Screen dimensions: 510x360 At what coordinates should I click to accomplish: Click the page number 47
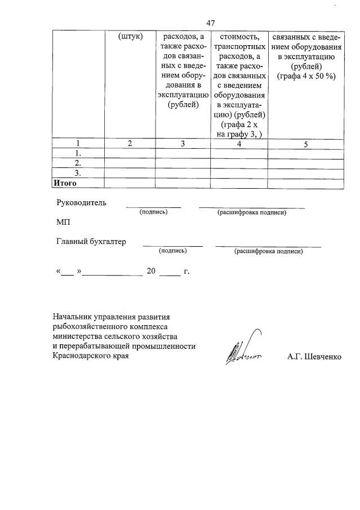[211, 23]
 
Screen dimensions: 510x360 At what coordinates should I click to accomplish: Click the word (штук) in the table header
[131, 37]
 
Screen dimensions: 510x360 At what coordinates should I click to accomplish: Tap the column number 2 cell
[130, 144]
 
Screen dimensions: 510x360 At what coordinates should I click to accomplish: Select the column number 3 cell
[183, 144]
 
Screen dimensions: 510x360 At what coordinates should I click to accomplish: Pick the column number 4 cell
[239, 144]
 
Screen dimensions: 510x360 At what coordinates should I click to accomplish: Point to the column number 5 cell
[306, 144]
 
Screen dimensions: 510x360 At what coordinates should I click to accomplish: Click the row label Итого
[64, 183]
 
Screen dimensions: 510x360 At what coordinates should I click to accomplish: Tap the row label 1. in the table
[78, 154]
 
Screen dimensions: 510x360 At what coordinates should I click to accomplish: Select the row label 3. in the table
[78, 173]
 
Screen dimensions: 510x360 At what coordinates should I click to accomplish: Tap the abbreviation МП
[63, 223]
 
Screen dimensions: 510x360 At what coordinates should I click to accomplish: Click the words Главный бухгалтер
[91, 242]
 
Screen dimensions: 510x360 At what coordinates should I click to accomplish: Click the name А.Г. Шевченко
[318, 357]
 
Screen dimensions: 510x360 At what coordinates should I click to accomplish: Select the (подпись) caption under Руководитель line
[153, 212]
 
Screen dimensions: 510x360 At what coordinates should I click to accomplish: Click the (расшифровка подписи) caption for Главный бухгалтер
[268, 251]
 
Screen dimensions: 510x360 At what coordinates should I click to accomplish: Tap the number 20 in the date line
[151, 271]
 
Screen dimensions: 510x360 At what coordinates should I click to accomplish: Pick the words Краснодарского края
[91, 356]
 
